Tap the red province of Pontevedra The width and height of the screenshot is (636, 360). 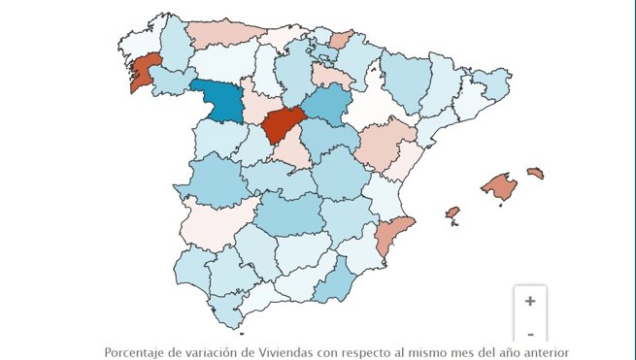tap(145, 74)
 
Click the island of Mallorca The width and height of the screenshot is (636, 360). tap(500, 187)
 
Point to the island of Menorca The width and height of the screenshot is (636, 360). tap(535, 174)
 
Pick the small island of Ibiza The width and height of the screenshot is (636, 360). tap(452, 213)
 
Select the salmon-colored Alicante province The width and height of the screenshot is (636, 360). tap(392, 237)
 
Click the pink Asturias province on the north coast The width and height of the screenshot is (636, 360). tap(224, 33)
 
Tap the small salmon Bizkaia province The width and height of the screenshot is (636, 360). tap(341, 40)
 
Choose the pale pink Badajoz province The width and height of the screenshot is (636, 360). tap(216, 221)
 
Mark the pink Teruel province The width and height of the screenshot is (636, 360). tap(385, 146)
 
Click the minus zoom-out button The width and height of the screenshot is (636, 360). tap(530, 335)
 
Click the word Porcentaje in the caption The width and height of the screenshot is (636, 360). tap(136, 352)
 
